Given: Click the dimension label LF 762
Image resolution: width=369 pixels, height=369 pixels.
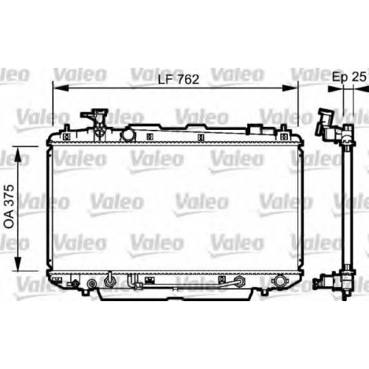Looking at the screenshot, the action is (179, 79).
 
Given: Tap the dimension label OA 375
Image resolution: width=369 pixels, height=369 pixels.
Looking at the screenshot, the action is (10, 207).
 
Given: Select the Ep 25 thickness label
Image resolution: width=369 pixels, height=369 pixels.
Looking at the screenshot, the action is (349, 77).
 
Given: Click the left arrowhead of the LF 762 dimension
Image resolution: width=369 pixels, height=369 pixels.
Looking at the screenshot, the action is (61, 88).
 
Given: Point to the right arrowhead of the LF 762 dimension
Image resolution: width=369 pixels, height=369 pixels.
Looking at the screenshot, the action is (290, 88).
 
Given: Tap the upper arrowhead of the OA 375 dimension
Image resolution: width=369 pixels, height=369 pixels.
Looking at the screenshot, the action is (18, 154).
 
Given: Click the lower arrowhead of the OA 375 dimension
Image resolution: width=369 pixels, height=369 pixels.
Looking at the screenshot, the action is (18, 263).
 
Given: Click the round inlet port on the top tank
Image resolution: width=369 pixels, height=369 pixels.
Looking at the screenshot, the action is (128, 135).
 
